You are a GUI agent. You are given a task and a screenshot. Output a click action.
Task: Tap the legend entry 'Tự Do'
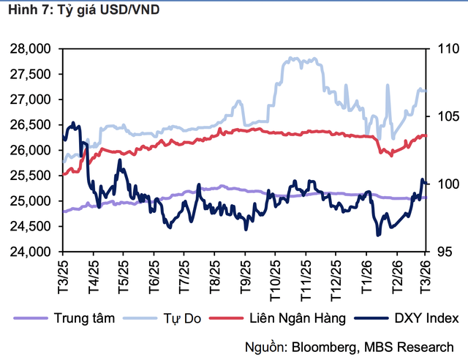pos(173,317)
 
